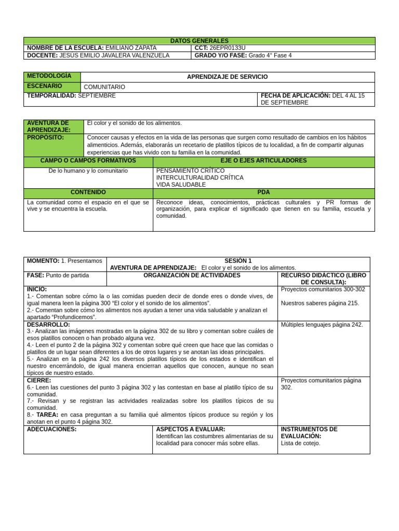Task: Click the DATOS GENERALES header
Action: pyautogui.click(x=199, y=40)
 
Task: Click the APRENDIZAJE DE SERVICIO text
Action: pyautogui.click(x=228, y=77)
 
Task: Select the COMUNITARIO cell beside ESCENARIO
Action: pyautogui.click(x=104, y=87)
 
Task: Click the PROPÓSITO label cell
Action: pyautogui.click(x=46, y=137)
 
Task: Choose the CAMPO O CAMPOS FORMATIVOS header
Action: pyautogui.click(x=88, y=161)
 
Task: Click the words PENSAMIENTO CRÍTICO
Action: pyautogui.click(x=191, y=171)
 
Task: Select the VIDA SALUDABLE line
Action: pyautogui.click(x=181, y=185)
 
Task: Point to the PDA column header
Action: pyautogui.click(x=263, y=192)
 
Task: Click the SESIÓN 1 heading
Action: pyautogui.click(x=238, y=261)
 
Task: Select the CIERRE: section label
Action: pyautogui.click(x=39, y=380)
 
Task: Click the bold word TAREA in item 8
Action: pyautogui.click(x=47, y=415)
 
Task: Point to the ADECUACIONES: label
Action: pyautogui.click(x=51, y=429)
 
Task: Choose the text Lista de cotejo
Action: pyautogui.click(x=301, y=443)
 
